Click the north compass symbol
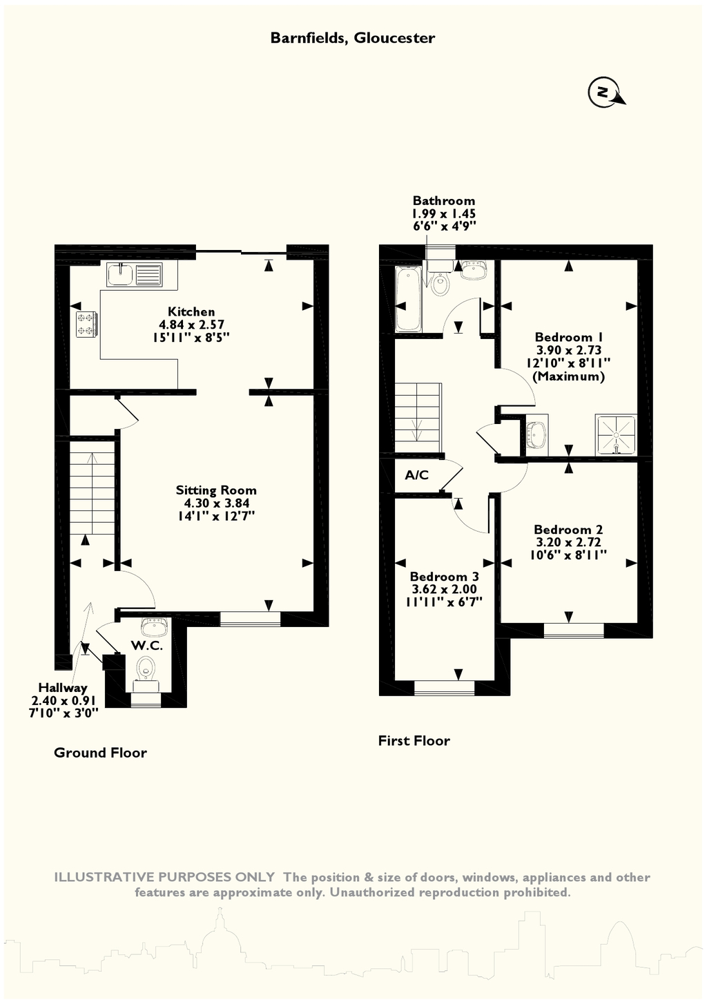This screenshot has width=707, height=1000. (x=606, y=93)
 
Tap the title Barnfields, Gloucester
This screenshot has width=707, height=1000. (x=353, y=38)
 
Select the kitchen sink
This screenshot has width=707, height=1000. (x=135, y=274)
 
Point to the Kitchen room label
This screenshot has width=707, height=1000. (x=191, y=311)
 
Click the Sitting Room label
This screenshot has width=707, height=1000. (x=216, y=490)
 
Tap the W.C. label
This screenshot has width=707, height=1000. (x=147, y=646)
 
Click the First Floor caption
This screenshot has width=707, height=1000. (x=414, y=740)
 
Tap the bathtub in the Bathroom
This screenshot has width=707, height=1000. (x=408, y=299)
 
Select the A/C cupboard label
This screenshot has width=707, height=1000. (x=416, y=475)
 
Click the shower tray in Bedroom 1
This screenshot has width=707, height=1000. (x=616, y=435)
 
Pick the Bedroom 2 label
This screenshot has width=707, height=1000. (x=568, y=530)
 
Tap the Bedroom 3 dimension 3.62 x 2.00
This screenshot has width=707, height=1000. (x=444, y=589)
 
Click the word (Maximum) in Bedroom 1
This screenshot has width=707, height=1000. (x=569, y=376)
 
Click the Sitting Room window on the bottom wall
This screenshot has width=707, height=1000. (x=251, y=619)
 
